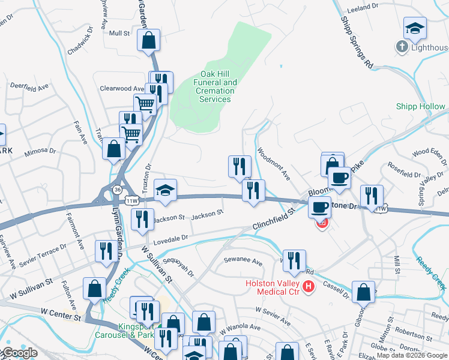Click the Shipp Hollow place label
420,107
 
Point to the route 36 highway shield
115,190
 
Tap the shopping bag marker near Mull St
148,41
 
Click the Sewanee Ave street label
243,262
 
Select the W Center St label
61,314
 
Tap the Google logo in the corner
19,353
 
